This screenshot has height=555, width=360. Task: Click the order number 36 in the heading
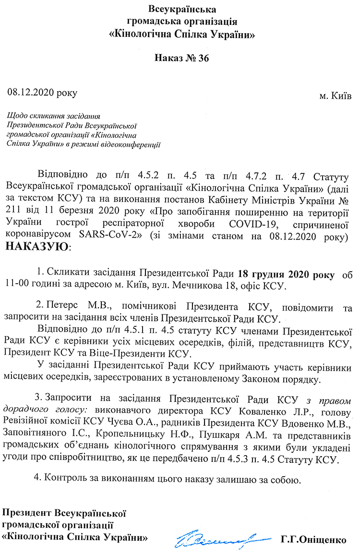pos(201,58)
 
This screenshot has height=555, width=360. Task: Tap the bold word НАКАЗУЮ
pos(37,247)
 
